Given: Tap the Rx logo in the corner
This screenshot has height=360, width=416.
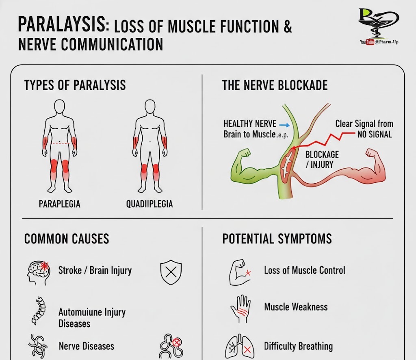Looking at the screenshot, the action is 378,22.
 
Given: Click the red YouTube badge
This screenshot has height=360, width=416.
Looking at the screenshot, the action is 370,42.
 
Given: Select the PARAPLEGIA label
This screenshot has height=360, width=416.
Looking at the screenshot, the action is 59,204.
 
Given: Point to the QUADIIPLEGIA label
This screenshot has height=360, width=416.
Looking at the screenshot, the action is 149,204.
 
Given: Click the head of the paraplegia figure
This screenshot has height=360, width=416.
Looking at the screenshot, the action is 59,106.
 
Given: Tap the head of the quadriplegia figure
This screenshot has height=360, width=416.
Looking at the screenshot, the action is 150,106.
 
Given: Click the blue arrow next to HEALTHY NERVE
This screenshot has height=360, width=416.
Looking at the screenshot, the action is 284,125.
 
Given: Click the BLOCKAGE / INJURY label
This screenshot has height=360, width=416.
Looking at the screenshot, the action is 322,159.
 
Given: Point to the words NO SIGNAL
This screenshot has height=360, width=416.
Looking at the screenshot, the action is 374,134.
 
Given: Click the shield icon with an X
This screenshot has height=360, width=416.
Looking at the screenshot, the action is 171,272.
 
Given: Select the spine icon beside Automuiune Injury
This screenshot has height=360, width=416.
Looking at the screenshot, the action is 39,311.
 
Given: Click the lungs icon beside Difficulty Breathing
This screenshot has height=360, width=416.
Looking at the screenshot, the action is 240,347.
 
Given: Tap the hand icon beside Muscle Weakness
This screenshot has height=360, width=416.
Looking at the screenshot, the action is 240,309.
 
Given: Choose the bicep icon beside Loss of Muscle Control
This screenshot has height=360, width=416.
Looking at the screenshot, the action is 240,273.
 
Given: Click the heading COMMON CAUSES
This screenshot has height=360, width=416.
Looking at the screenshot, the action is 67,239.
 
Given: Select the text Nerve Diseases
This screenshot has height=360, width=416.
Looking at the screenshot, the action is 86,346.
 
